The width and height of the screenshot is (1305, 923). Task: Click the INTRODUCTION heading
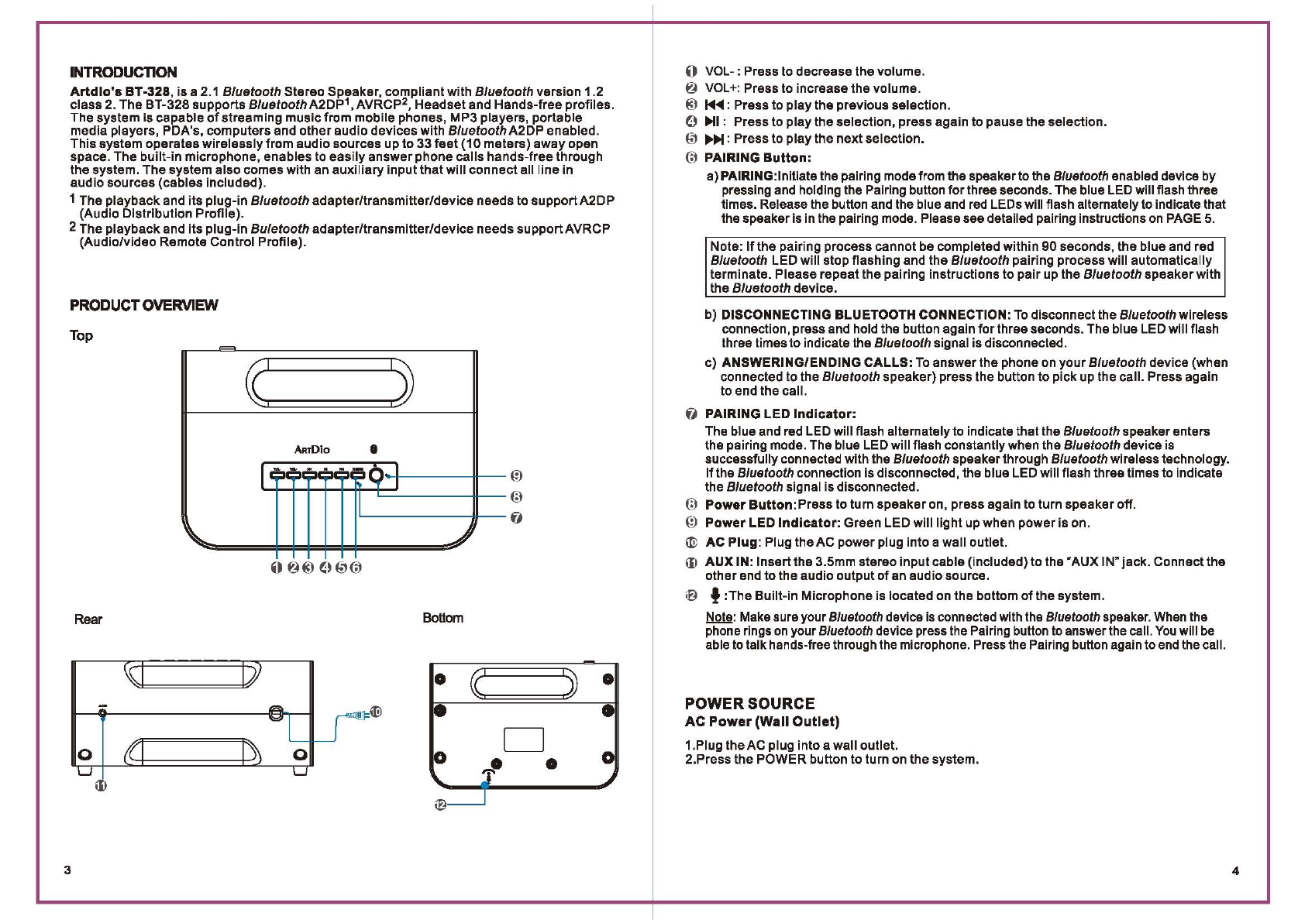123,73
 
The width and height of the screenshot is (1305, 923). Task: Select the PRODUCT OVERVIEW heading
144,305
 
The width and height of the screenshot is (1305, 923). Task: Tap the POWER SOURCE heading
749,704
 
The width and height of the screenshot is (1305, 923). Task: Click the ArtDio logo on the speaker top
312,450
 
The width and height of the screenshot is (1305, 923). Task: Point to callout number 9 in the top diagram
516,476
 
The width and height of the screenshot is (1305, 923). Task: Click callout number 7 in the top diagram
516,518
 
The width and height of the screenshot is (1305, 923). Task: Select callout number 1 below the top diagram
277,568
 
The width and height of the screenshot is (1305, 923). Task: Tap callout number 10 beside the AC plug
376,712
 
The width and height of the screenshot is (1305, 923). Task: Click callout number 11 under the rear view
101,786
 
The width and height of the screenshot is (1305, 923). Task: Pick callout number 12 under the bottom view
440,805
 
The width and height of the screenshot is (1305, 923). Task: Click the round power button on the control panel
377,475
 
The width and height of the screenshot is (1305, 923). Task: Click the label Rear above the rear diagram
88,619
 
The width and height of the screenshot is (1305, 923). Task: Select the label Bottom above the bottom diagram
443,618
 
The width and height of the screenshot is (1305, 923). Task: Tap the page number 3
67,870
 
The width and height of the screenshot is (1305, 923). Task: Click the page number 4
1235,871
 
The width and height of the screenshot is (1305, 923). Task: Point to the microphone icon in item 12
715,595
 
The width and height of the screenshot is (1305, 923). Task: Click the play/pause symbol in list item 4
712,122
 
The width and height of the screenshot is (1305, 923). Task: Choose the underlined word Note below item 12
719,617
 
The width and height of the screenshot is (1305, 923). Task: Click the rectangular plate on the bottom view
524,739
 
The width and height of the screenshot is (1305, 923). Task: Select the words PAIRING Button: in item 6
758,158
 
